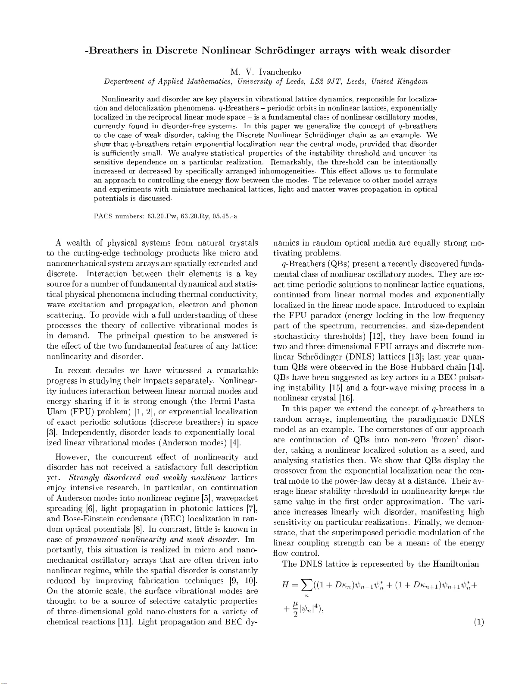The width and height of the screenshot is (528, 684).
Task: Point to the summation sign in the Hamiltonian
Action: [x=307, y=586]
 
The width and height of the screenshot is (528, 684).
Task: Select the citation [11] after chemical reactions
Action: [x=126, y=622]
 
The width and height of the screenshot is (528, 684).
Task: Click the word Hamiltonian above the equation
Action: [x=459, y=564]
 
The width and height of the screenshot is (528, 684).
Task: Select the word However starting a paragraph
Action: [x=73, y=457]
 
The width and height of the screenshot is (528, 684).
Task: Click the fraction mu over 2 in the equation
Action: [x=295, y=610]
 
